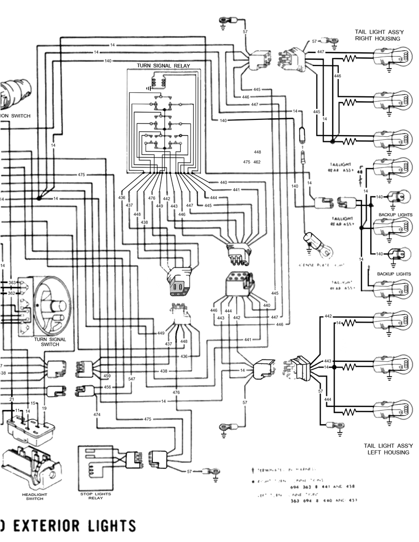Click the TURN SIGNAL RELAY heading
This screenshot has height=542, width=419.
[163, 65]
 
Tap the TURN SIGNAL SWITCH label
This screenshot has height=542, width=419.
[50, 342]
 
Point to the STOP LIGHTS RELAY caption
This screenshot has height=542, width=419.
[92, 495]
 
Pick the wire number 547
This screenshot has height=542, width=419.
[131, 379]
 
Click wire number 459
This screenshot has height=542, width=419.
[107, 376]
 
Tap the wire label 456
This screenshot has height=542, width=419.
[107, 387]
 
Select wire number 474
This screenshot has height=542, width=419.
[97, 414]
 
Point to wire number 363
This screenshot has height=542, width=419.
[12, 283]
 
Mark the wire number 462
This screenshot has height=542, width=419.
[257, 162]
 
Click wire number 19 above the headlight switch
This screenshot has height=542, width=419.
[45, 407]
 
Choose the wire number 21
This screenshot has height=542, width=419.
[12, 399]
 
